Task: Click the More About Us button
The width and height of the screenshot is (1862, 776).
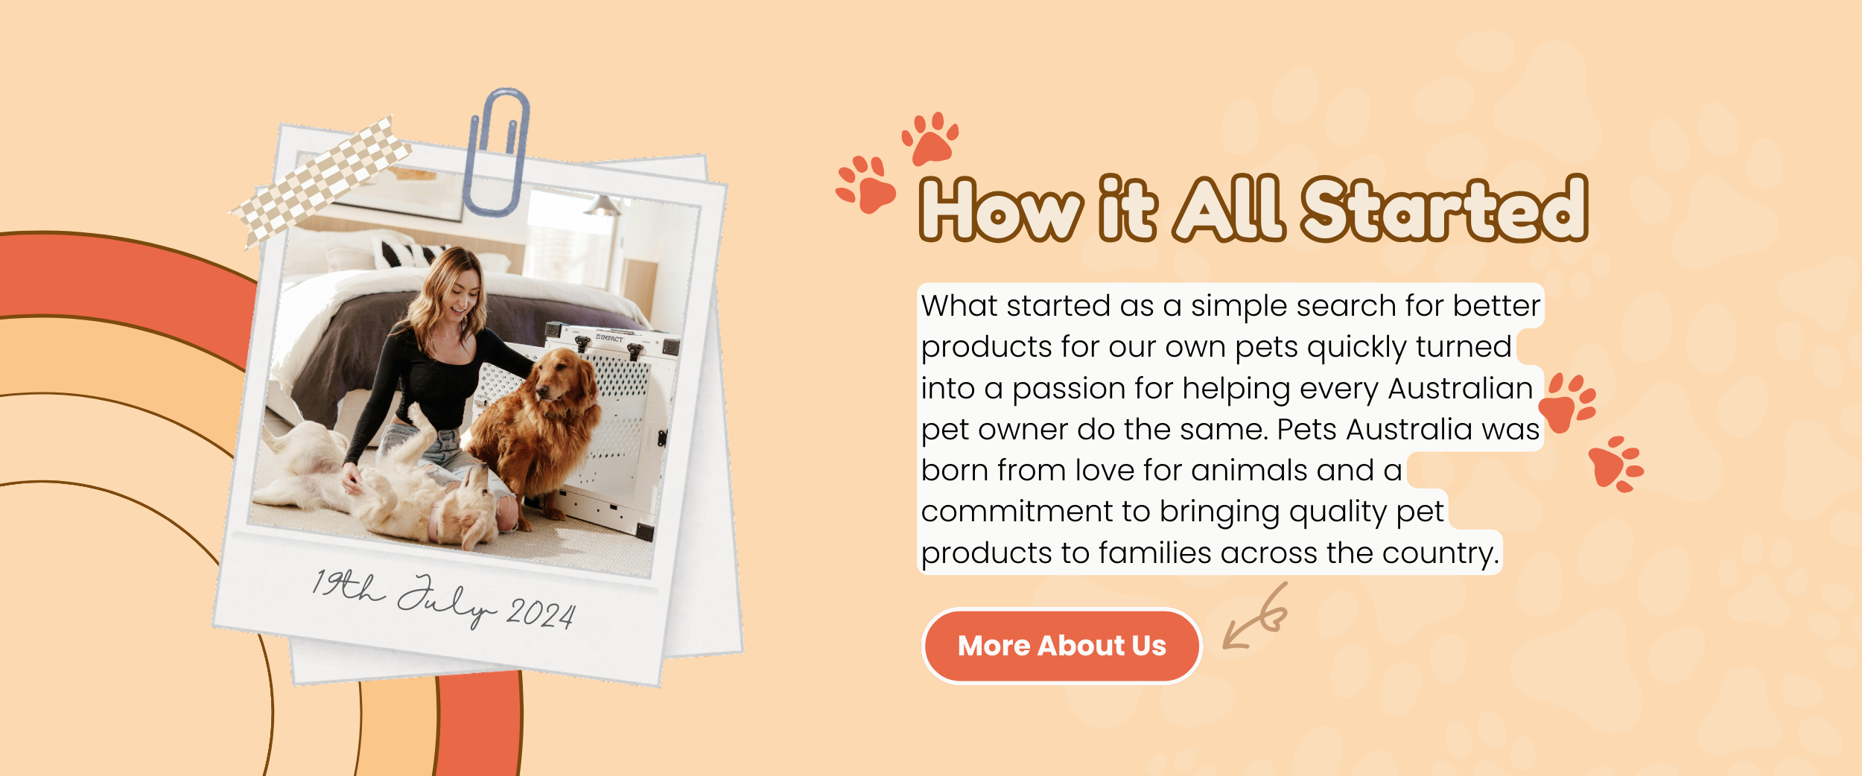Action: [x=1061, y=646]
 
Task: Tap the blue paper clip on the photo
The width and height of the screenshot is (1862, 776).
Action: [x=497, y=152]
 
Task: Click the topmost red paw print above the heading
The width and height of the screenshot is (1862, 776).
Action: [x=930, y=139]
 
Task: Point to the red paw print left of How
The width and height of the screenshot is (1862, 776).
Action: [x=865, y=184]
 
